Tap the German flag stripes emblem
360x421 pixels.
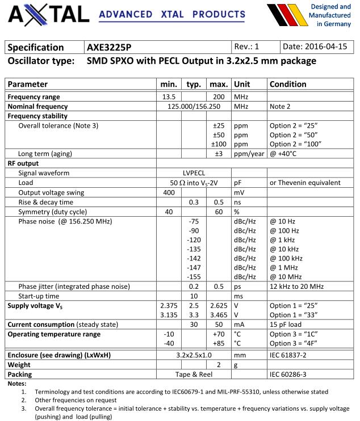pos(286,16)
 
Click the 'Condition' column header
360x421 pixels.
pos(288,84)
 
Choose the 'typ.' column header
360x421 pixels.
pos(194,84)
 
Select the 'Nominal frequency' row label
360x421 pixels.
pos(37,106)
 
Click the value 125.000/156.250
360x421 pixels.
pos(194,106)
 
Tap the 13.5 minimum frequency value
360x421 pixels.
pos(169,97)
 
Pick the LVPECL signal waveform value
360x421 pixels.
pos(194,173)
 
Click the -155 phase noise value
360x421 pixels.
pos(194,276)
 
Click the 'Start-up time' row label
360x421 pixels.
pos(39,296)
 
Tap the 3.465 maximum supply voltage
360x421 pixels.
pos(218,315)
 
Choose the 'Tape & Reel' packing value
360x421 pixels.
pos(194,374)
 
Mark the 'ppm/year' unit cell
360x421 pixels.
pos(249,154)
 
